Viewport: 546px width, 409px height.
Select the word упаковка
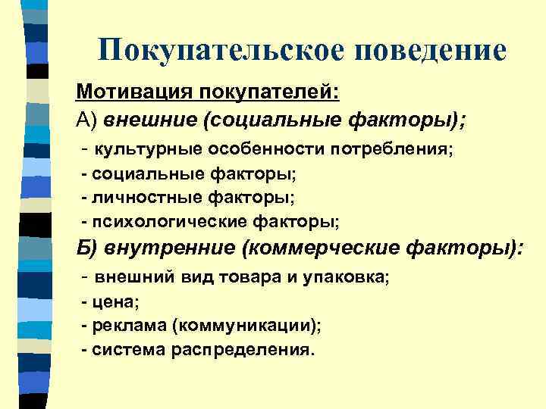pos(346,278)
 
